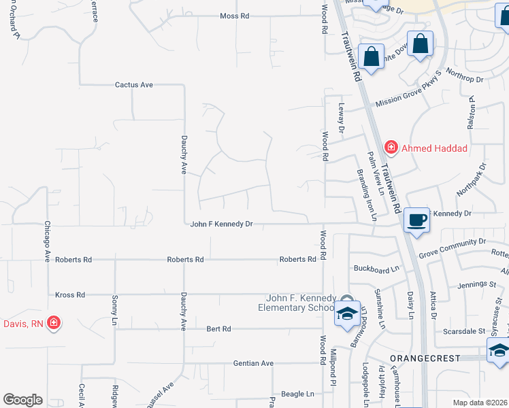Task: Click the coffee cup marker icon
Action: click(416, 220)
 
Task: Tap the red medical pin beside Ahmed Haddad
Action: click(391, 146)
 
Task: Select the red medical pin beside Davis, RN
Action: click(53, 323)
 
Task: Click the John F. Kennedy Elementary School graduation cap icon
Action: click(347, 314)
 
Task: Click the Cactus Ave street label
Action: click(134, 85)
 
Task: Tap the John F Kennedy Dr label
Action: click(221, 224)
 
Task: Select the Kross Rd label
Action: click(71, 295)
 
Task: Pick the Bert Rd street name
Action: click(218, 328)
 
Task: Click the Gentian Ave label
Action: click(253, 363)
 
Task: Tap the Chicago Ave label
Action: click(48, 241)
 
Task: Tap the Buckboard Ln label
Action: click(376, 269)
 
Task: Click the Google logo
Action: click(22, 400)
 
